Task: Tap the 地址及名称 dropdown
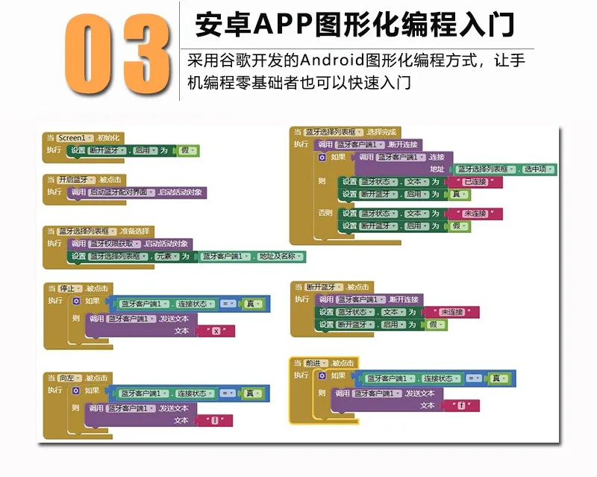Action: [x=281, y=256]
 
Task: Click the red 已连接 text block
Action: [x=473, y=181]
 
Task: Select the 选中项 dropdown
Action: [x=538, y=169]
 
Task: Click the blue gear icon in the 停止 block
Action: [x=76, y=301]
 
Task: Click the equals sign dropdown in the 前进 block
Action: [x=474, y=378]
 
